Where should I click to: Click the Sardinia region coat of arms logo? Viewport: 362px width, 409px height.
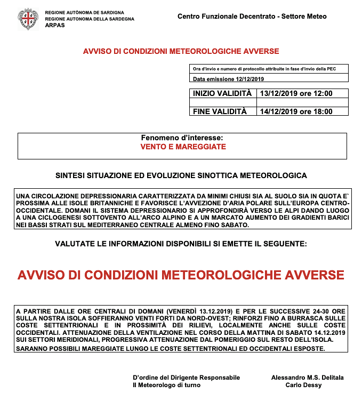pyautogui.click(x=28, y=19)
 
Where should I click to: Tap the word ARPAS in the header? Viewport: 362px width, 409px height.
pyautogui.click(x=55, y=25)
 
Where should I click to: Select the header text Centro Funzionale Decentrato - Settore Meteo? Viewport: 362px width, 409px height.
pyautogui.click(x=252, y=17)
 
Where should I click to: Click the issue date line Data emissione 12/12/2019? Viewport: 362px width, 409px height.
pyautogui.click(x=229, y=79)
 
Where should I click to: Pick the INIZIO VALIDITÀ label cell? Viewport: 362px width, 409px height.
pyautogui.click(x=222, y=93)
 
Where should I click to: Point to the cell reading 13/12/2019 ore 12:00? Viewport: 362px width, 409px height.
pyautogui.click(x=296, y=93)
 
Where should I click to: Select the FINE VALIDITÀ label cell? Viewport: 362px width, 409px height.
pyautogui.click(x=220, y=111)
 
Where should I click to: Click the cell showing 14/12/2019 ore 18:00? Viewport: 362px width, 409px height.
pyautogui.click(x=296, y=111)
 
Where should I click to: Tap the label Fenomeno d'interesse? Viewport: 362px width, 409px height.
pyautogui.click(x=182, y=138)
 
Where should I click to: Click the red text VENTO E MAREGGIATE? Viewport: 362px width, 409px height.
pyautogui.click(x=183, y=147)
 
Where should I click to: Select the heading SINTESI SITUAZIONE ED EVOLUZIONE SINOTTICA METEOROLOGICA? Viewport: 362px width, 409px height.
pyautogui.click(x=181, y=175)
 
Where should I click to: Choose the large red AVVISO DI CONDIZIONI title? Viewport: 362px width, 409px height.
pyautogui.click(x=181, y=275)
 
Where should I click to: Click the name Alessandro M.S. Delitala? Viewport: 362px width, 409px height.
pyautogui.click(x=307, y=378)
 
